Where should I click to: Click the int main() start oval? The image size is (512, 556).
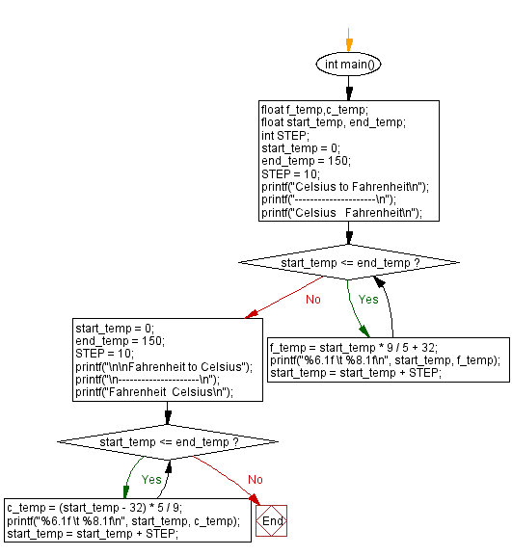coord(348,64)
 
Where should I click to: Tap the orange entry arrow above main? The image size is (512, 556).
coord(348,39)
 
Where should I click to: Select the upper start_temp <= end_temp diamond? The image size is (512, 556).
coord(348,262)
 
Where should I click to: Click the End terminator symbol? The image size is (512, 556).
coord(272,521)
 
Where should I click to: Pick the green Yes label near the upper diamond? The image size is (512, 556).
coord(368,299)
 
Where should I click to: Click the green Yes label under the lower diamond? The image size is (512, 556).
coord(152,478)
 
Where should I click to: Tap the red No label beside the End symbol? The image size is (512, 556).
coord(255,479)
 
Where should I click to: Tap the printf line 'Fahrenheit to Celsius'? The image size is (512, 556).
coord(152,366)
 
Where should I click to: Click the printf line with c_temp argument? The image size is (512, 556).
coord(123,521)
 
